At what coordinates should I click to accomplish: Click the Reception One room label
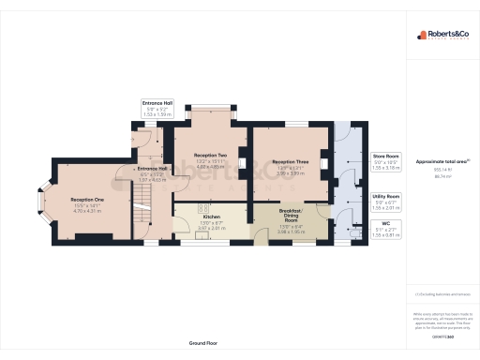click(86, 200)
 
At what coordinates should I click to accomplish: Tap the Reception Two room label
click(210, 154)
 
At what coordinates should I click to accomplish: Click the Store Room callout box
click(386, 160)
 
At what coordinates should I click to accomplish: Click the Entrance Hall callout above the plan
click(157, 107)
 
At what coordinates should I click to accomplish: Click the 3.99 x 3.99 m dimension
click(289, 173)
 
